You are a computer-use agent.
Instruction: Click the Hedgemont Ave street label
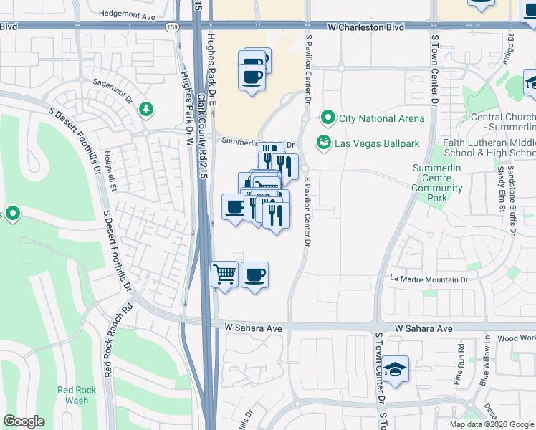pos(128,14)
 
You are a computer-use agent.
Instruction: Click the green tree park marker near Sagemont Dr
pos(146,109)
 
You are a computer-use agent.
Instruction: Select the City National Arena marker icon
pos(329,118)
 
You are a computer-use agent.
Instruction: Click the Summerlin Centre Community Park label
pos(437,183)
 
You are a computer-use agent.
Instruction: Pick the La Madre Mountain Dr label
pos(429,279)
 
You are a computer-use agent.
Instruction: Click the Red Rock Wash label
pos(73,396)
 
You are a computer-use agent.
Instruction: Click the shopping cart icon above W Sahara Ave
pos(225,274)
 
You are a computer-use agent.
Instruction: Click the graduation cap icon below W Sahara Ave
pos(395,368)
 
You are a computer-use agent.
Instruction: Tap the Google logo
pos(24,421)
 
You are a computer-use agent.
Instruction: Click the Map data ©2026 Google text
pos(492,424)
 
